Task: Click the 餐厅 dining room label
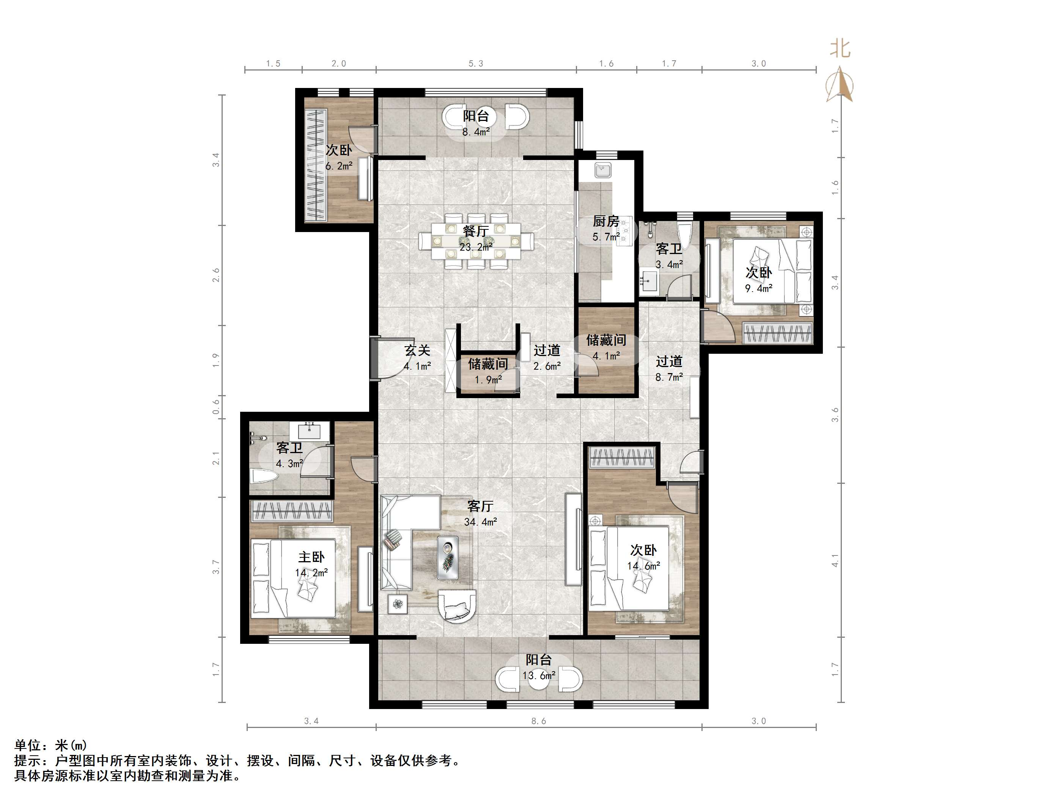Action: click(x=476, y=231)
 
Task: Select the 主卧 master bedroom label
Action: click(x=311, y=557)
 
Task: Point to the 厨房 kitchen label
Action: click(x=606, y=221)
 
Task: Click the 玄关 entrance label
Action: click(x=417, y=350)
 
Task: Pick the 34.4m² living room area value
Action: click(x=481, y=522)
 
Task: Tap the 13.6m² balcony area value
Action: click(x=539, y=675)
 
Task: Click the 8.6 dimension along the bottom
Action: click(x=539, y=721)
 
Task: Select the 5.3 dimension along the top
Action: click(x=476, y=63)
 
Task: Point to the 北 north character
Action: click(x=840, y=49)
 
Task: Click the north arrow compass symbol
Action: click(x=839, y=85)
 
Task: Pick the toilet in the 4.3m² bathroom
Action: click(x=265, y=477)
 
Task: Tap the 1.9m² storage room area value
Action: click(x=488, y=380)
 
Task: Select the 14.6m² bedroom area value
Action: click(x=643, y=566)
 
